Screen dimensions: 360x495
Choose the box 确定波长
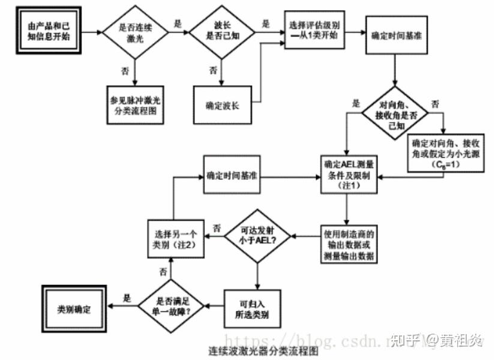222,106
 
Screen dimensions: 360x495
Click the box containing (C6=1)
441,153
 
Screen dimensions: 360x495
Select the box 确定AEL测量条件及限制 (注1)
346,175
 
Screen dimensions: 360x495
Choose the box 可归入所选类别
257,308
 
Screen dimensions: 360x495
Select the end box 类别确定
74,307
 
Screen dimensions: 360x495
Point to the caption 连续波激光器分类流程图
264,351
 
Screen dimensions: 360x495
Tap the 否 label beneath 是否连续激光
125,71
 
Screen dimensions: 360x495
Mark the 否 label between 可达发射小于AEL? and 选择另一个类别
217,228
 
